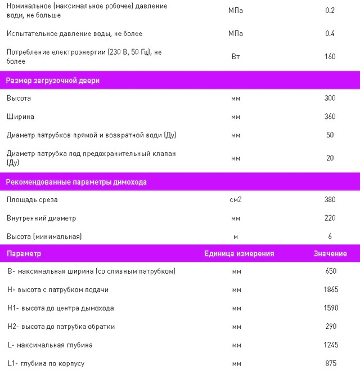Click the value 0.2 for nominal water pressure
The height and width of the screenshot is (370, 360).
pos(330,11)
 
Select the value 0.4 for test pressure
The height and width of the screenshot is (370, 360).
pos(330,34)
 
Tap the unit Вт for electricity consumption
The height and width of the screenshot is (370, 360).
pos(236,56)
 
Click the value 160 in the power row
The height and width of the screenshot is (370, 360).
pos(330,56)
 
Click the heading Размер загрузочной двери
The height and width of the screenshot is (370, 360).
pos(53,81)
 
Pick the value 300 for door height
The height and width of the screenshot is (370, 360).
pos(330,98)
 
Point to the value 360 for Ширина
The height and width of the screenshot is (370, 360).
pos(330,117)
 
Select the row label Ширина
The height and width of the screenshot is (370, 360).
pos(20,117)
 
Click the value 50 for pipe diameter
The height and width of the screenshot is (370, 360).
pos(330,135)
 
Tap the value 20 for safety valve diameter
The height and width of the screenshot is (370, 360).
pos(330,158)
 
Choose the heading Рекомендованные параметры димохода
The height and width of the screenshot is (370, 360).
pos(76,182)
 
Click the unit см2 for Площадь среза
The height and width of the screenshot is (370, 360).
pos(236,199)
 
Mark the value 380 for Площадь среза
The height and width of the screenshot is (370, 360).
pos(330,199)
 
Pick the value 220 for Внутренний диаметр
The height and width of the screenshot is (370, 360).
pos(330,218)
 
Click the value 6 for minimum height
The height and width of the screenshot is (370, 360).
pos(330,236)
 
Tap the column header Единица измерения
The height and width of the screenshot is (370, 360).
pos(239,253)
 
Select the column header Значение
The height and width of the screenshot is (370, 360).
pos(330,253)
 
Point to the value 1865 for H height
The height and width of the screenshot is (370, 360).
pos(331,289)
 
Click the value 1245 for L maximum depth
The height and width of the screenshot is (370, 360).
pos(331,345)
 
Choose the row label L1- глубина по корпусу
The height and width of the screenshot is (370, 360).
pos(46,363)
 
